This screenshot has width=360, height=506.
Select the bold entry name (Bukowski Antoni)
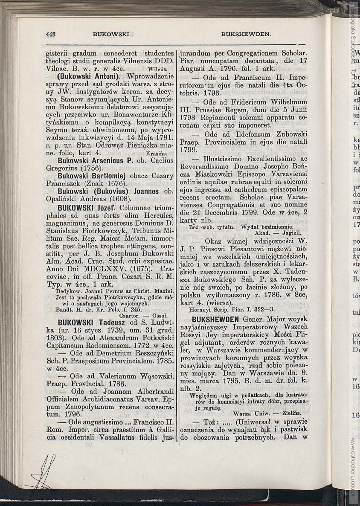[x=84, y=77]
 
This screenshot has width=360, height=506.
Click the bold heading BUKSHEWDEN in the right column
[x=215, y=319]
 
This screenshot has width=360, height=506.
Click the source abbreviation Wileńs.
[x=160, y=69]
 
